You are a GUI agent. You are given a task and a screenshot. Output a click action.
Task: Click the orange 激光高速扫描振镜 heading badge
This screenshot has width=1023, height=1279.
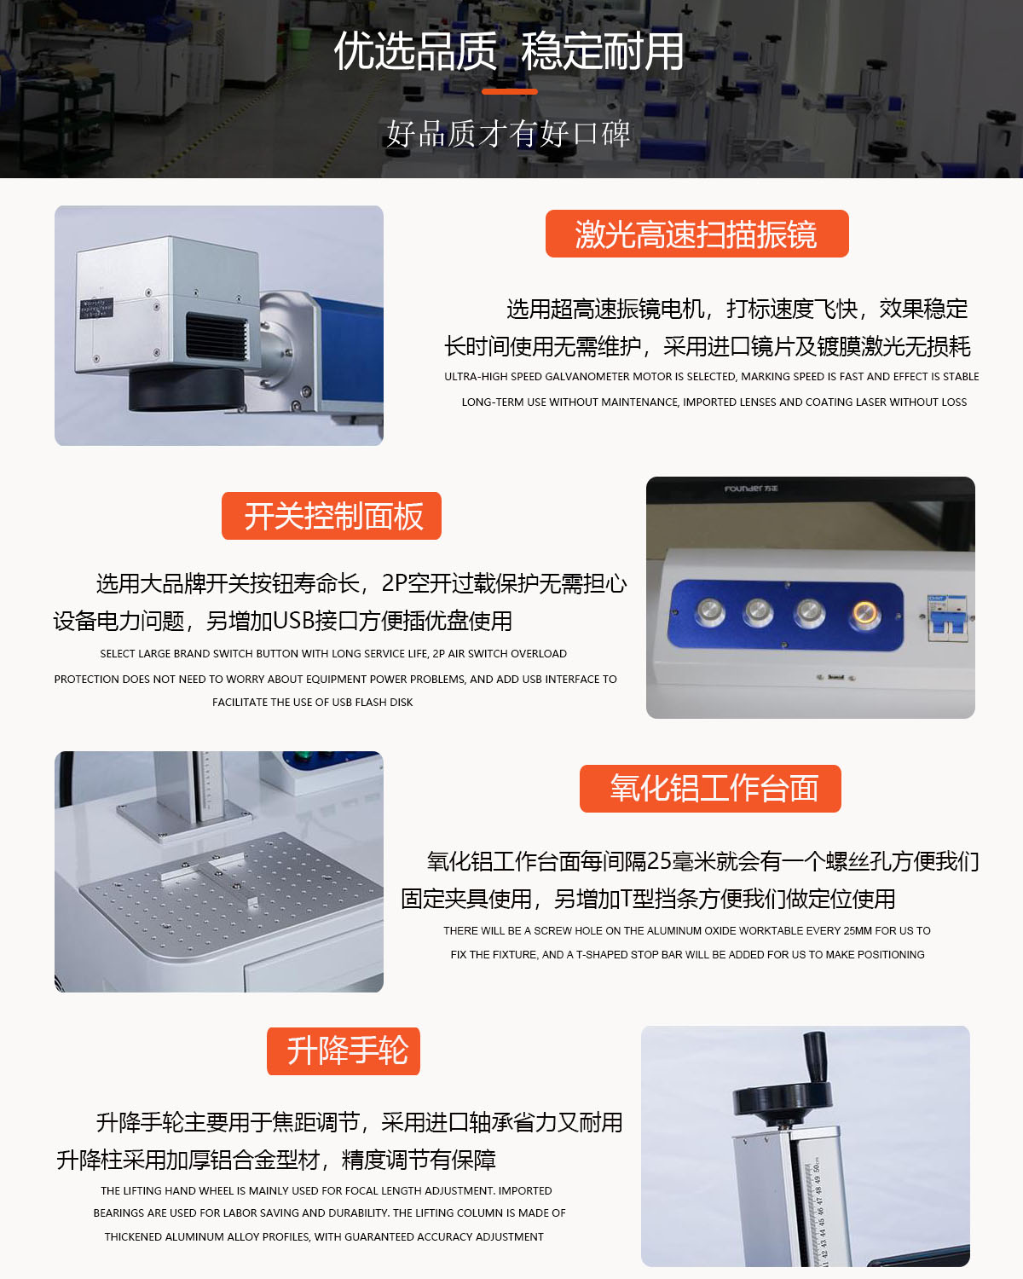tap(696, 234)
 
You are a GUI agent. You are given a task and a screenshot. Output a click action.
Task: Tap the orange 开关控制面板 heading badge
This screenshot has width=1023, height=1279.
tap(331, 516)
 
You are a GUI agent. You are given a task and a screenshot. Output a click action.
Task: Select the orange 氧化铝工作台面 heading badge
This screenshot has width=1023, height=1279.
tap(710, 789)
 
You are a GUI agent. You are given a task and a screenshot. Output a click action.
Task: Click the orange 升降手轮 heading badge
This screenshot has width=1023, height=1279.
tap(343, 1050)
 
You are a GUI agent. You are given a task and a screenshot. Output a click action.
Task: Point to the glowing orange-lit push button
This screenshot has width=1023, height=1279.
tap(865, 612)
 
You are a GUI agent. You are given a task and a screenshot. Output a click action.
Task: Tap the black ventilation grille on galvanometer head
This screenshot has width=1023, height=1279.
tap(217, 337)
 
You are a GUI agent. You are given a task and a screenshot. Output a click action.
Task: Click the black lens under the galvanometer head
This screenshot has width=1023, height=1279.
tap(186, 389)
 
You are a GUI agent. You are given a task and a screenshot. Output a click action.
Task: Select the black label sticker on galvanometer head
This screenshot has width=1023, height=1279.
tap(95, 309)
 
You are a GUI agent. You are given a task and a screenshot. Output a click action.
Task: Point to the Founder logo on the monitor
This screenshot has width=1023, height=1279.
tap(751, 489)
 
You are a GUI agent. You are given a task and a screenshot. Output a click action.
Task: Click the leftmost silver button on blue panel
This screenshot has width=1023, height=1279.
tap(710, 612)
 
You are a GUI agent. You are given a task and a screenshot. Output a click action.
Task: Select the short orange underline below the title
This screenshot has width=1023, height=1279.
tap(510, 91)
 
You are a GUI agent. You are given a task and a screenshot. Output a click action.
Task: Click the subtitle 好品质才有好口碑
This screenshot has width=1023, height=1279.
tap(508, 134)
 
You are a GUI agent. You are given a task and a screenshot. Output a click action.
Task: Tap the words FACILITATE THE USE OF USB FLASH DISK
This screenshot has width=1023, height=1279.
tap(312, 703)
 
